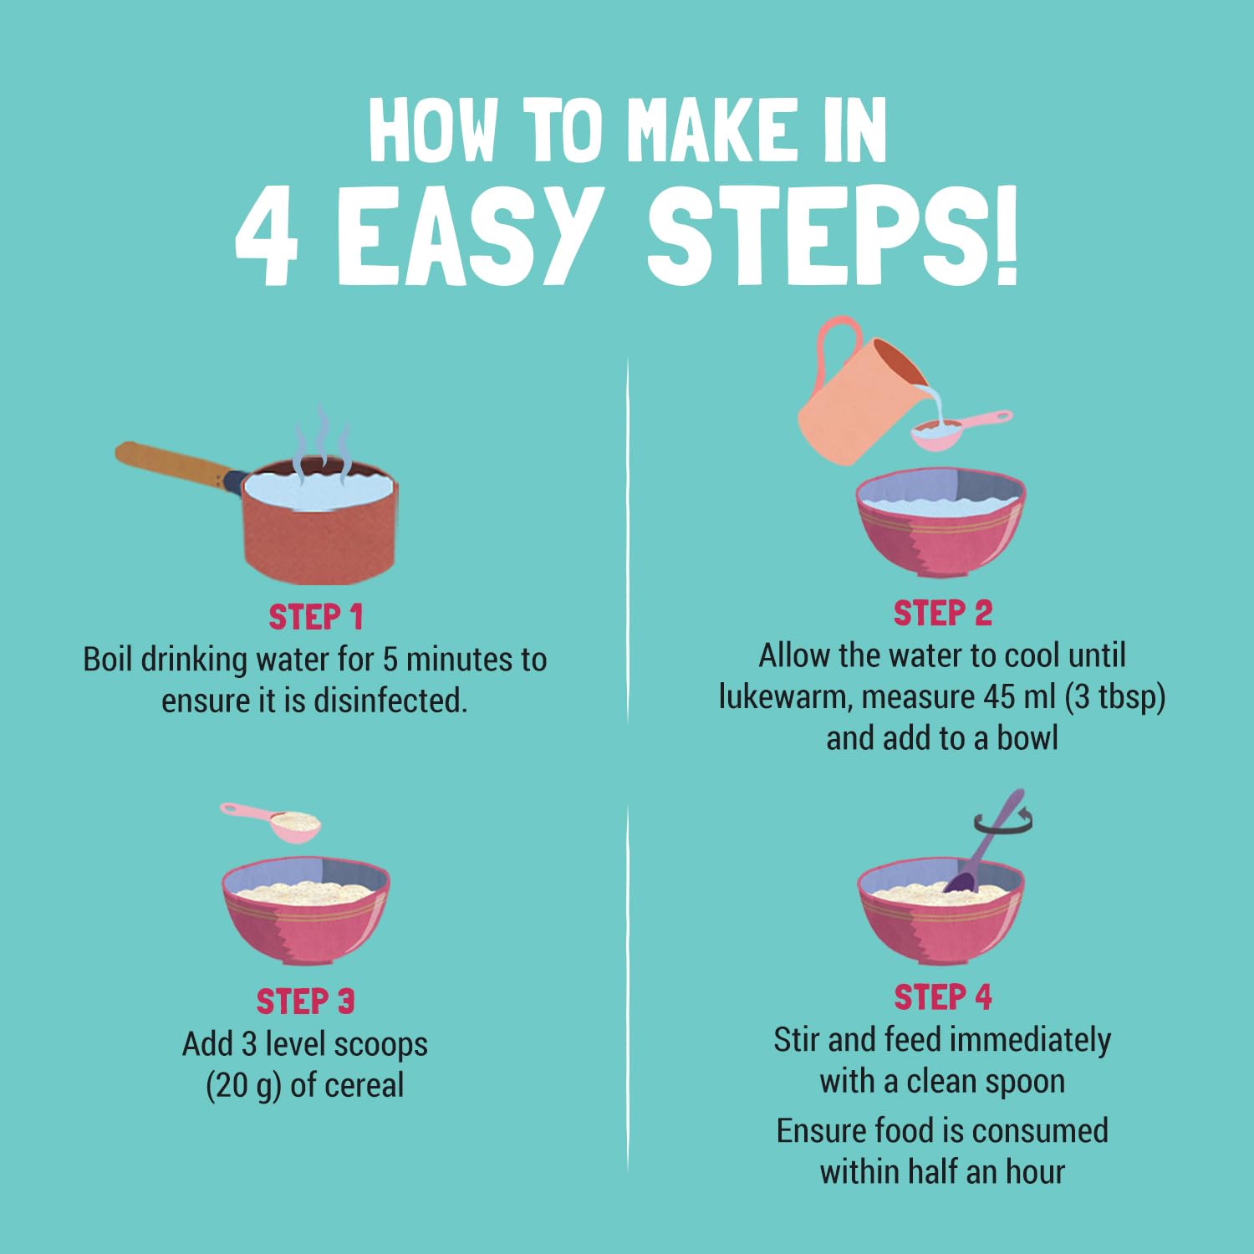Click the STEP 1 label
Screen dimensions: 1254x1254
point(316,618)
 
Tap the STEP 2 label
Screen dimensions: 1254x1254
point(943,614)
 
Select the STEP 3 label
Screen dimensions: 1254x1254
point(306,1002)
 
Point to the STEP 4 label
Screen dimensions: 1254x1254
point(943,997)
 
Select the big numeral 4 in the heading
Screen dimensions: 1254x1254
point(267,237)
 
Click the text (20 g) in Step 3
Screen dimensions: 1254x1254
point(243,1085)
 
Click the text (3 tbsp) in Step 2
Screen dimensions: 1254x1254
point(1115,697)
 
